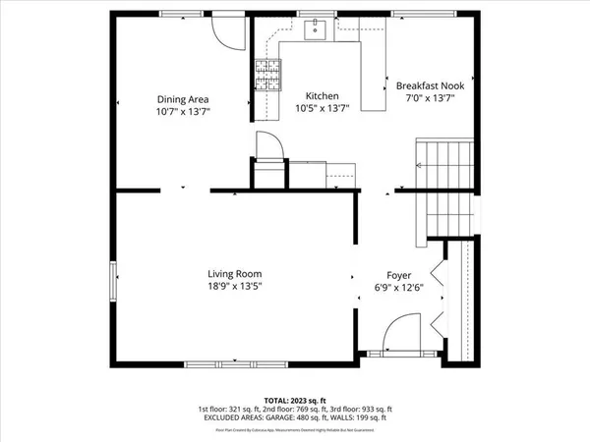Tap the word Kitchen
322,95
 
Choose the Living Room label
234,273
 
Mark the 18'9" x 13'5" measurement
234,286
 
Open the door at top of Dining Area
227,31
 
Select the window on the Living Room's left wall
114,279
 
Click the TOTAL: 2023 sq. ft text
295,400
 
